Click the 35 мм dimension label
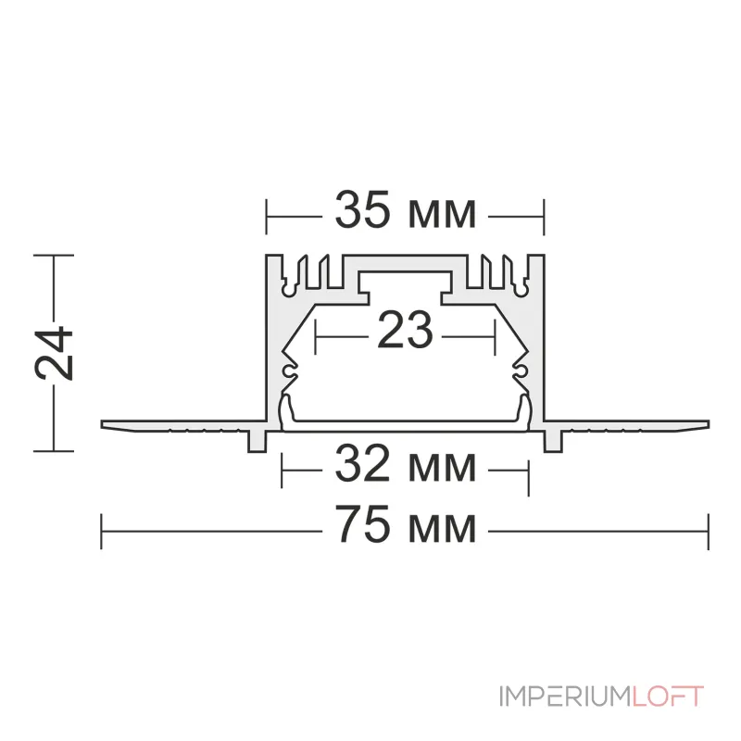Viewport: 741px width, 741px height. pyautogui.click(x=405, y=210)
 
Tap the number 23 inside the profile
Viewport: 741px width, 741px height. pyautogui.click(x=405, y=331)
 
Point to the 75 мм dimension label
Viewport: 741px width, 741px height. pyautogui.click(x=405, y=524)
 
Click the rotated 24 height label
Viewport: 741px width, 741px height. pyautogui.click(x=54, y=353)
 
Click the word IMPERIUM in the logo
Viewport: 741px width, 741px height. pyautogui.click(x=565, y=697)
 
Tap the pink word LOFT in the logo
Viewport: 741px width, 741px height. pyautogui.click(x=667, y=697)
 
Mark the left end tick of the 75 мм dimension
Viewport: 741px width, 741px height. pyautogui.click(x=102, y=532)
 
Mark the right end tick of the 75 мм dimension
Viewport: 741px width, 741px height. pyautogui.click(x=709, y=532)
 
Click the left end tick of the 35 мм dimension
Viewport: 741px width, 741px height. pyautogui.click(x=266, y=217)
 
